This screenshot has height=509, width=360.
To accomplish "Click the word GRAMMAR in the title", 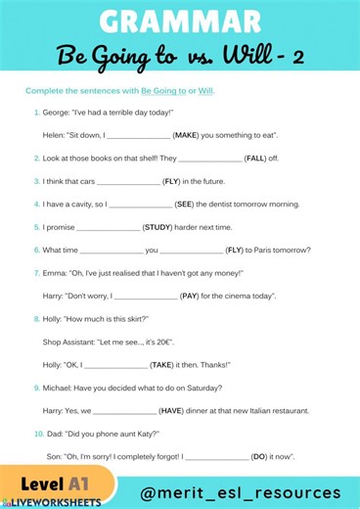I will (179, 21).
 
